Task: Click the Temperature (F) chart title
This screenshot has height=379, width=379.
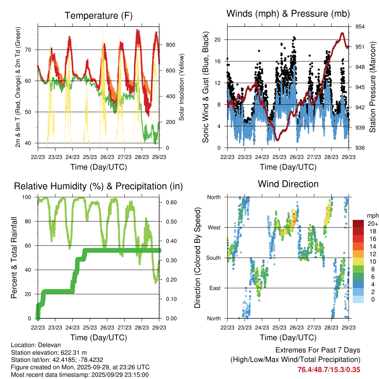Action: click(x=98, y=16)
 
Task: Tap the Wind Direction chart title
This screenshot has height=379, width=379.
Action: click(x=288, y=184)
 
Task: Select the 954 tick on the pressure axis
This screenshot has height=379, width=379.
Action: click(x=360, y=27)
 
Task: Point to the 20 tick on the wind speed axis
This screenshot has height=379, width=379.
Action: click(x=218, y=40)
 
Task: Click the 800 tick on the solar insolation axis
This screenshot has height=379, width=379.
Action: click(x=170, y=45)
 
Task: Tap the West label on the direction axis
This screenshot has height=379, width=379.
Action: click(x=214, y=227)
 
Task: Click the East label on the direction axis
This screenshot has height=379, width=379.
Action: click(x=214, y=288)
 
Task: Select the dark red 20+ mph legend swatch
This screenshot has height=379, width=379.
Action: click(x=359, y=224)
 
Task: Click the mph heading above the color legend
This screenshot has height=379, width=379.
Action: click(x=372, y=215)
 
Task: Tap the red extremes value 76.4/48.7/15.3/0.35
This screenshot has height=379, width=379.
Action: click(x=329, y=369)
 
